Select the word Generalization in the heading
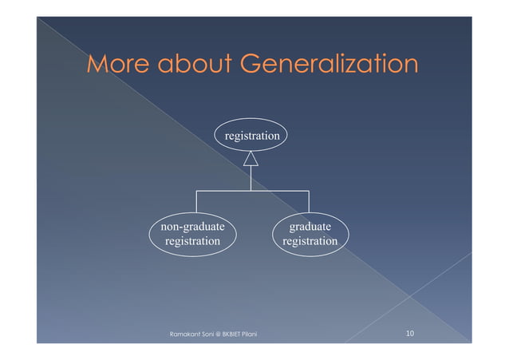point(329,63)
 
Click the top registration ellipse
point(251,136)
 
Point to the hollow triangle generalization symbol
point(251,159)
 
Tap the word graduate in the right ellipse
point(310,227)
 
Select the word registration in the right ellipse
point(310,241)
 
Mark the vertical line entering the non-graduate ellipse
point(196,201)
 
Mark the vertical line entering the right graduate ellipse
point(308,201)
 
